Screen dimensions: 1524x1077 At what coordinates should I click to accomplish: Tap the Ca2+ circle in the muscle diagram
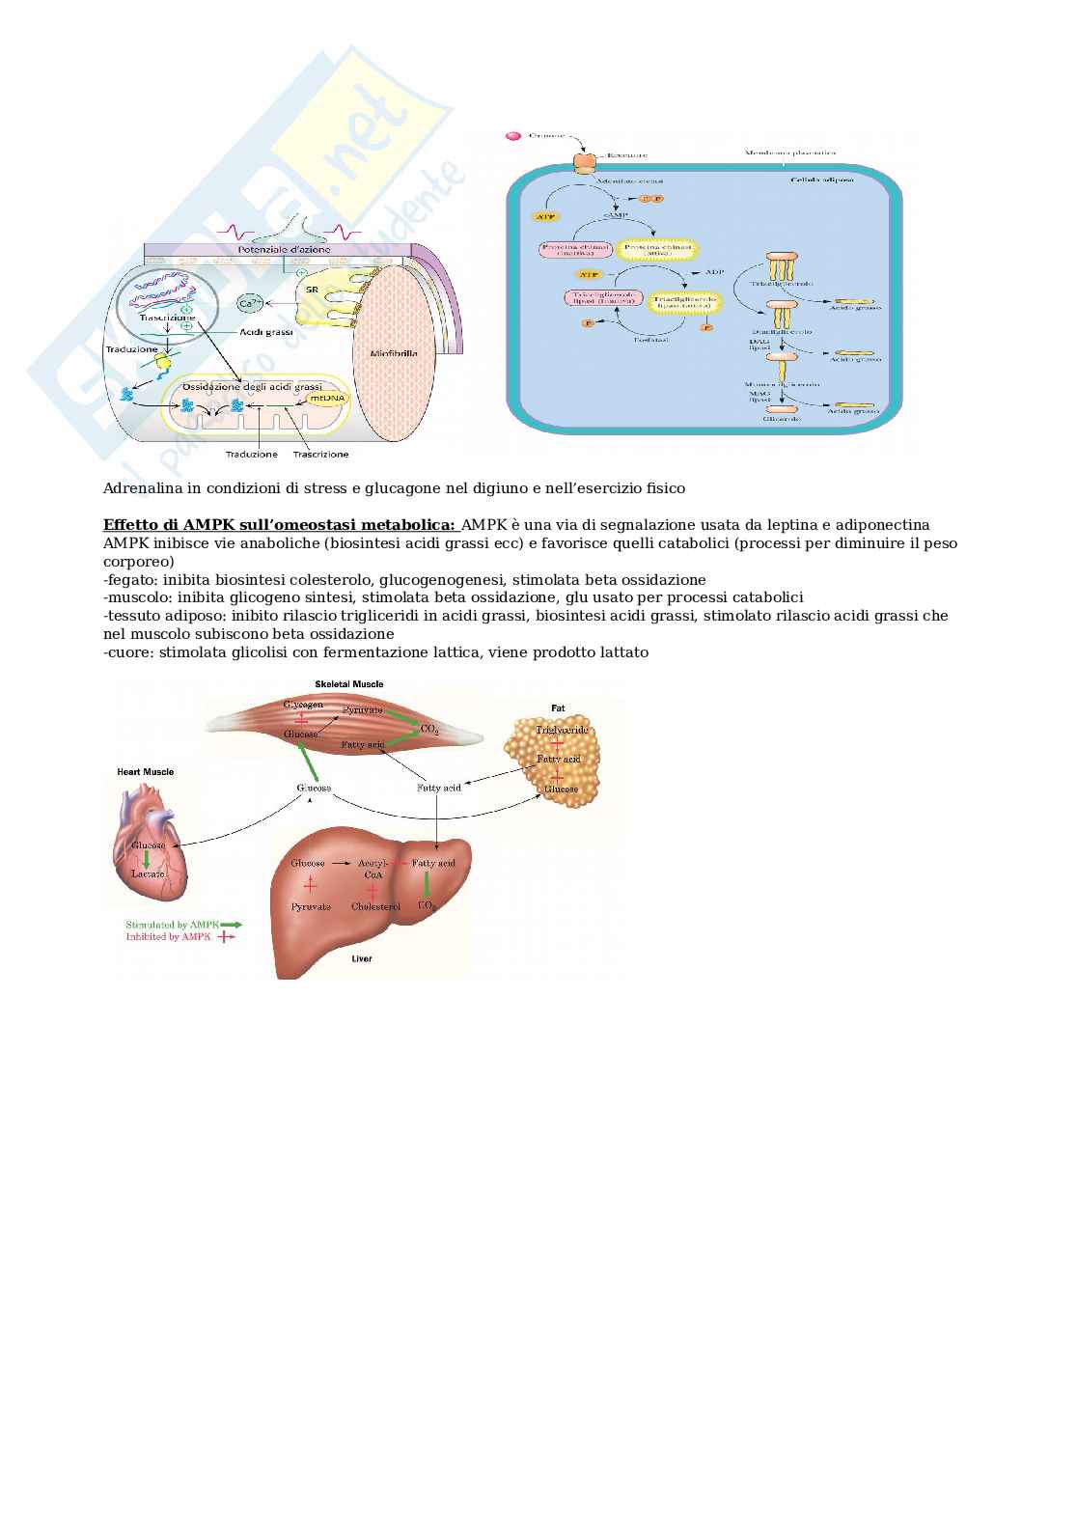(x=248, y=304)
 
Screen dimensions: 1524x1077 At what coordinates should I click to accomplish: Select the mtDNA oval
(x=324, y=398)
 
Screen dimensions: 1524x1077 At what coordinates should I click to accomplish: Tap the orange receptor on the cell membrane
(x=585, y=163)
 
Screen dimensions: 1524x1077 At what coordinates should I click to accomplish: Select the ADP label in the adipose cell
(x=713, y=272)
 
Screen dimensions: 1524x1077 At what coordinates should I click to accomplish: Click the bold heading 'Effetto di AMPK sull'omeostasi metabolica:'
(x=279, y=525)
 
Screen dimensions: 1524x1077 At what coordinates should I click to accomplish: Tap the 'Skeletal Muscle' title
(x=348, y=683)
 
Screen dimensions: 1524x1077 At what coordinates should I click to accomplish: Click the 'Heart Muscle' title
(x=145, y=772)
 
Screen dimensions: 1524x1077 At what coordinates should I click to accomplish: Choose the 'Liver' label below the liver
(x=361, y=958)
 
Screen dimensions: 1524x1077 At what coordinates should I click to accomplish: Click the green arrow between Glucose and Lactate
(x=147, y=859)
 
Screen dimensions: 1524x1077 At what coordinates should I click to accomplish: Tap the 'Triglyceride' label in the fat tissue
(x=562, y=731)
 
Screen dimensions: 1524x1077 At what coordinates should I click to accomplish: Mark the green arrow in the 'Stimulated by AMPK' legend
(x=231, y=924)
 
